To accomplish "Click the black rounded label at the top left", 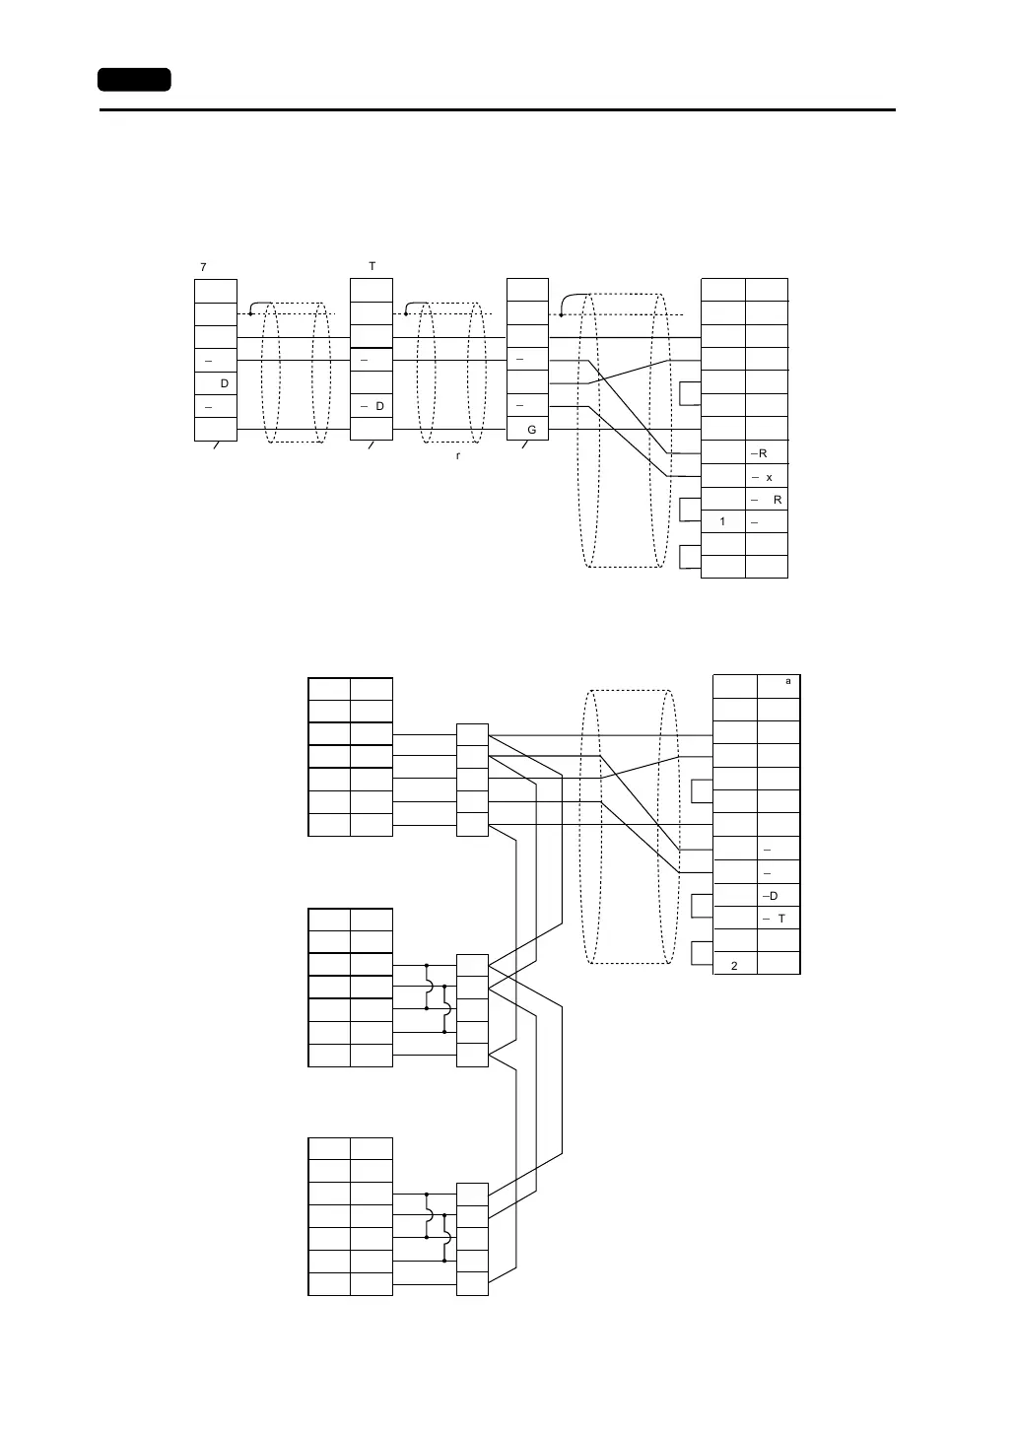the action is click(134, 80).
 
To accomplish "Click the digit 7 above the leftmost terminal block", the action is click(203, 267).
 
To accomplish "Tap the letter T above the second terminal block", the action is click(372, 267).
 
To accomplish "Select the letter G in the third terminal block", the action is click(531, 431).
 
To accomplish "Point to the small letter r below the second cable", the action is click(458, 457).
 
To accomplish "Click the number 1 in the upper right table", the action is click(722, 522).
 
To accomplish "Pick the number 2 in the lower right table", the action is click(734, 966).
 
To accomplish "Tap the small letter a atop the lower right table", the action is click(787, 681).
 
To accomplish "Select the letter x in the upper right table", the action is click(769, 477).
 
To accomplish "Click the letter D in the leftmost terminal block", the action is click(224, 383).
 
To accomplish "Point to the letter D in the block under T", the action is click(379, 407).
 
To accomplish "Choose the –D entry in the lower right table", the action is click(770, 896).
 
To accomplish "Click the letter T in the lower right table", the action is click(781, 919).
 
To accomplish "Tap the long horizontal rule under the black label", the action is click(497, 110).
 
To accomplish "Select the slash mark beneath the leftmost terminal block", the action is click(216, 446).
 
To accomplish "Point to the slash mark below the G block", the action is click(525, 446).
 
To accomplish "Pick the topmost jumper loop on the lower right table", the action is click(702, 791).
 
